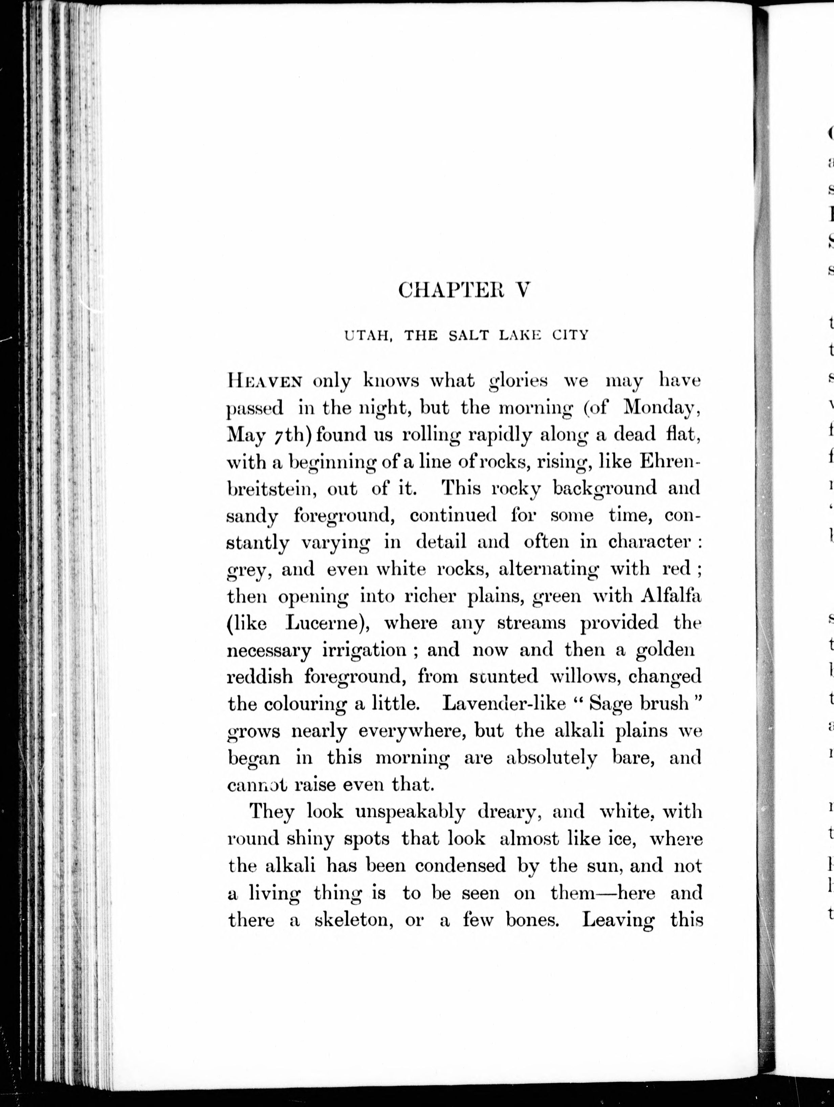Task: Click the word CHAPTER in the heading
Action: [450, 290]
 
